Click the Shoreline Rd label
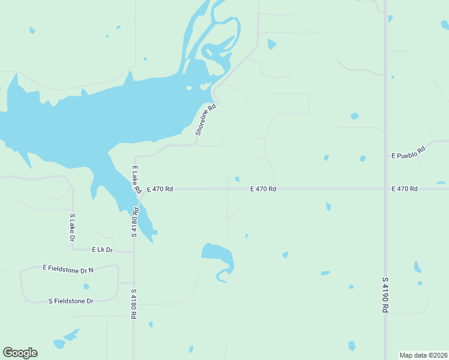(205, 121)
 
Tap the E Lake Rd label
(136, 179)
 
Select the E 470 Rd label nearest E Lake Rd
(160, 189)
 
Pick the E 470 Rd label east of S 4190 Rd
(404, 189)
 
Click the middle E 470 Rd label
(263, 189)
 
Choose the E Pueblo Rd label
(408, 152)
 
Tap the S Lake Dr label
(73, 227)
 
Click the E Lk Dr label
(102, 249)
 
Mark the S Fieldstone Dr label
(71, 301)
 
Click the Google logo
(20, 353)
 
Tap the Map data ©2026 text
(423, 355)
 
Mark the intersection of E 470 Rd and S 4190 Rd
(385, 188)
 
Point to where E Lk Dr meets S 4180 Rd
(133, 251)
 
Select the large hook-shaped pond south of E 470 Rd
(219, 256)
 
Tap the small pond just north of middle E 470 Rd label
(237, 179)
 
